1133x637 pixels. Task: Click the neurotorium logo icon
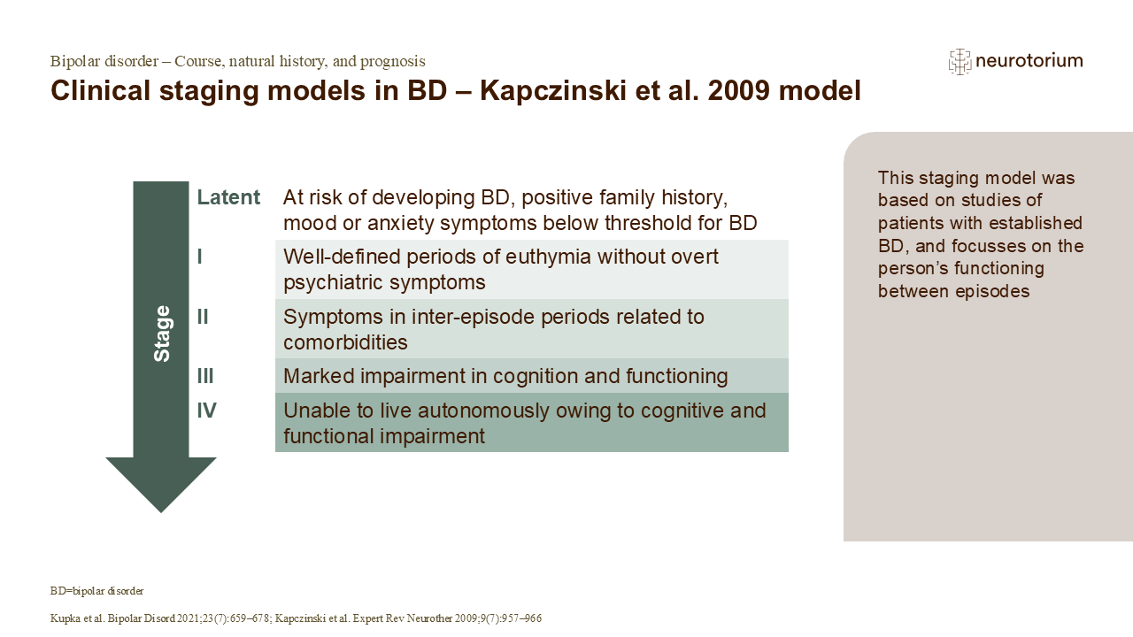(x=960, y=61)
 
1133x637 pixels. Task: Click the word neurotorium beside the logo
(x=1029, y=61)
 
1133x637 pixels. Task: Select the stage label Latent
(x=228, y=197)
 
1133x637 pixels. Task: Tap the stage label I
(x=200, y=257)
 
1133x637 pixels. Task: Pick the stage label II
(x=203, y=316)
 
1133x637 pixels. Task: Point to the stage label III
(x=205, y=376)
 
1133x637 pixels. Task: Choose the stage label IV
(x=206, y=410)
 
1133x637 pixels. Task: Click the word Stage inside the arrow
(x=162, y=334)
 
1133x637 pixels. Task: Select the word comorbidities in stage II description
(x=345, y=342)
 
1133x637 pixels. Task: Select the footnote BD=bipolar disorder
(x=97, y=590)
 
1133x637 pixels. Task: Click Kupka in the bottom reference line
(x=66, y=618)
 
